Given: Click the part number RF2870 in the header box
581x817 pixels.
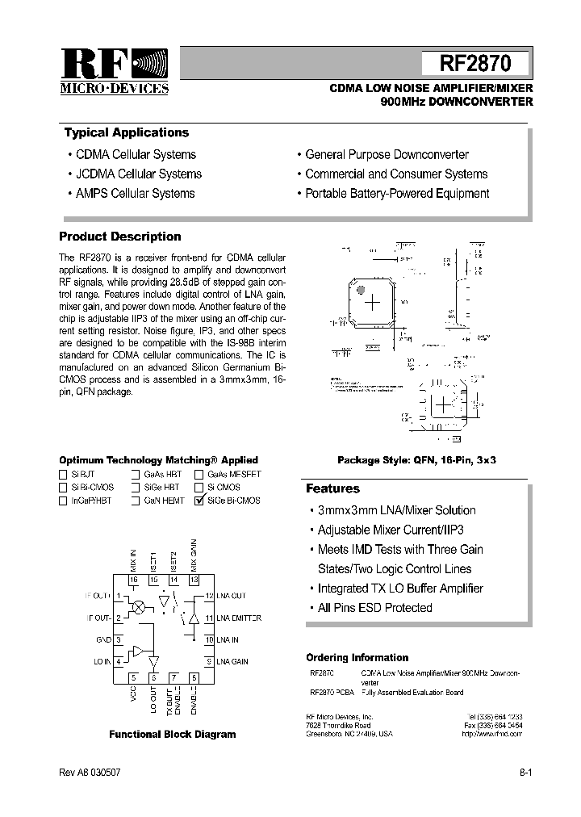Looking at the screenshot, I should coord(475,64).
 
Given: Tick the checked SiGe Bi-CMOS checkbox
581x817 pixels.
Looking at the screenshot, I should coord(199,501).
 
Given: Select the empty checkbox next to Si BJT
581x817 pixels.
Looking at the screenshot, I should coord(63,475).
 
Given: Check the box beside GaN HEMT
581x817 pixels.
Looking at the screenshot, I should coord(136,501).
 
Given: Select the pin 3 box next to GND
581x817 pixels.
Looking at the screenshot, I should coord(119,639).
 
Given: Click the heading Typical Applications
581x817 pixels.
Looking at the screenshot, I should coord(126,133).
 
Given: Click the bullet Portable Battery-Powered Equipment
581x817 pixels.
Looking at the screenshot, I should coord(397,194).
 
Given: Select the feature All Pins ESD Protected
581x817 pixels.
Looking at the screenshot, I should coord(374,608).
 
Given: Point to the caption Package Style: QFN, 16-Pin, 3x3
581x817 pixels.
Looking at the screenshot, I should coord(416,459).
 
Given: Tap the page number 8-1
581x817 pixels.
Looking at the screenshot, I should coord(525,773).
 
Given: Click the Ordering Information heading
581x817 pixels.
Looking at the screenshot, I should coord(357,658).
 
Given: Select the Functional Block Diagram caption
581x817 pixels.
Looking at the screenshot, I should coord(173,735).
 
